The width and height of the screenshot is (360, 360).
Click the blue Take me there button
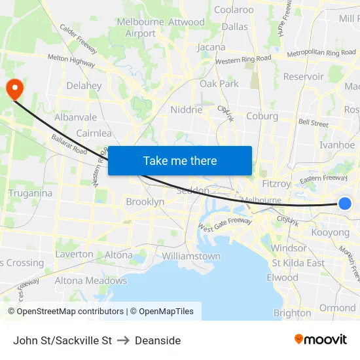click(x=180, y=160)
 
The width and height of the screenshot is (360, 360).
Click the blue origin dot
click(x=345, y=204)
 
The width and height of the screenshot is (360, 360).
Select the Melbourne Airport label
click(x=141, y=27)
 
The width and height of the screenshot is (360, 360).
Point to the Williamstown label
click(x=190, y=256)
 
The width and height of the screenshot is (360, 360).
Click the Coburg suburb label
click(x=262, y=116)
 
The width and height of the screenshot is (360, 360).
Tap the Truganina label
click(x=29, y=193)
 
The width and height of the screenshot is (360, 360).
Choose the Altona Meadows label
click(x=90, y=281)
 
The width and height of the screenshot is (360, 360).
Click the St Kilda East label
click(x=298, y=262)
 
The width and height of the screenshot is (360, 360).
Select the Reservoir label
click(x=303, y=77)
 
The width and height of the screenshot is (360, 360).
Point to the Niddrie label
click(x=187, y=109)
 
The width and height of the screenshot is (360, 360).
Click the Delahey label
click(x=84, y=86)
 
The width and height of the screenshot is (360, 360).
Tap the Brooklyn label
click(x=145, y=202)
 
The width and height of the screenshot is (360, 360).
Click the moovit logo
click(x=320, y=340)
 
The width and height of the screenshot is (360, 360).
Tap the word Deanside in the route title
click(x=158, y=340)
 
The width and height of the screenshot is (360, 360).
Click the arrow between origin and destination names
click(x=123, y=340)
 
